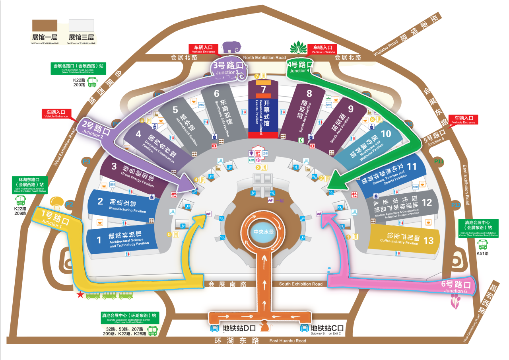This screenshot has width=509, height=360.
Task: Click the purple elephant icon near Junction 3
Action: (232, 47)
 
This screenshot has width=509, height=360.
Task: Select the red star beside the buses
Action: (80, 295)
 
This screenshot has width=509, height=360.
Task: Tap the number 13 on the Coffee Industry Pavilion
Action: (428, 241)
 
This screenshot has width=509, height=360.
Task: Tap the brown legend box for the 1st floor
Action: (45, 25)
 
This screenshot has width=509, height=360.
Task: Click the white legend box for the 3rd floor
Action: (81, 25)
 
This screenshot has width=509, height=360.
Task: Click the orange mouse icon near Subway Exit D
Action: (264, 327)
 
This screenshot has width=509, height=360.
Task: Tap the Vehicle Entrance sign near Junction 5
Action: (463, 120)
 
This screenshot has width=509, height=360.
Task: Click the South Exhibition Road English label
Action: (301, 284)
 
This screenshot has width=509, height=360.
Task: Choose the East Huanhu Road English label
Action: (288, 341)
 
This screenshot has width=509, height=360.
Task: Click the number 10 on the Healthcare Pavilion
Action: (386, 134)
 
